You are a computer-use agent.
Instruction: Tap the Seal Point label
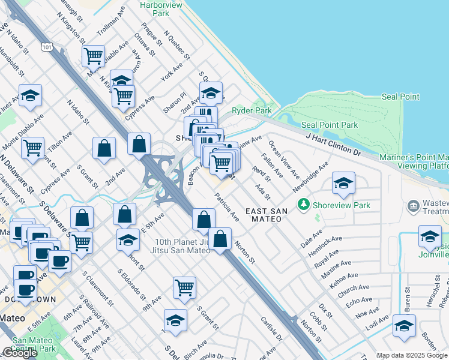click(x=400, y=97)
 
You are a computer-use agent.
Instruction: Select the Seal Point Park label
click(x=330, y=125)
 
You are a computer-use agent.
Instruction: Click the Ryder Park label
click(x=252, y=110)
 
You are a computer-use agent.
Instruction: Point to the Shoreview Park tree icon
click(x=304, y=205)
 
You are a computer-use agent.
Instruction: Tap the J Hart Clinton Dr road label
click(x=333, y=145)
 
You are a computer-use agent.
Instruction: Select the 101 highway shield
click(x=47, y=46)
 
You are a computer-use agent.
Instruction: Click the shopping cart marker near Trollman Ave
click(x=93, y=56)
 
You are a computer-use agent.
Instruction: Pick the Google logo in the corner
click(x=20, y=353)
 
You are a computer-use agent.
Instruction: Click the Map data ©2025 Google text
click(x=412, y=355)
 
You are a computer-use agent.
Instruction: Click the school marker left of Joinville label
click(x=430, y=236)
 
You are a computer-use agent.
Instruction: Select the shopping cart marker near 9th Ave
click(x=184, y=287)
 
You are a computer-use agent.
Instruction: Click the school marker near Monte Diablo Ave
click(x=29, y=95)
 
